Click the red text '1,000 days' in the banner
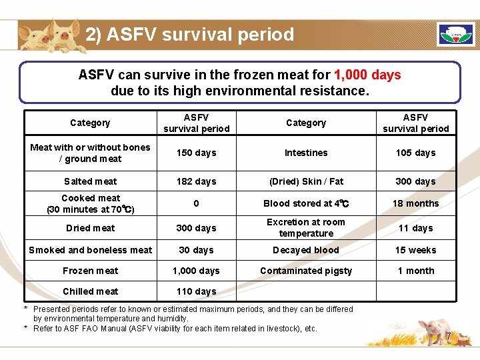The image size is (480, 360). [x=367, y=75]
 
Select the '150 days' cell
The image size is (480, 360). [x=196, y=153]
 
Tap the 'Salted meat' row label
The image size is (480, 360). [x=90, y=181]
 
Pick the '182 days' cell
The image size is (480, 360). [x=196, y=181]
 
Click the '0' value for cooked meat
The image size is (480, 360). [x=196, y=203]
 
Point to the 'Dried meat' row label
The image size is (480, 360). [x=90, y=228]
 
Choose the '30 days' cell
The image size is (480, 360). [x=196, y=250]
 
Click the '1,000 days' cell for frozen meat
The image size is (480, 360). [x=196, y=271]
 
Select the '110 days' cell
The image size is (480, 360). [x=196, y=291]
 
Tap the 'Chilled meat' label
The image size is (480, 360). [x=90, y=291]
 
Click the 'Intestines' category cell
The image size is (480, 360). [x=306, y=153]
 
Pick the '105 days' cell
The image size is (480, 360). [x=415, y=153]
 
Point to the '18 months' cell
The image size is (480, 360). [x=415, y=203]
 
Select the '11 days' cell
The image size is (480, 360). [x=415, y=228]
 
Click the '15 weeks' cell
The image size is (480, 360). [x=415, y=250]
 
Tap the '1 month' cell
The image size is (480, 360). [x=415, y=271]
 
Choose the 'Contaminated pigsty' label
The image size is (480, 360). [x=306, y=271]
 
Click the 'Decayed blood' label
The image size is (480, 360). [x=306, y=250]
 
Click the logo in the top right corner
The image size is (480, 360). [x=455, y=34]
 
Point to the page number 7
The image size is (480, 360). [x=449, y=336]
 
